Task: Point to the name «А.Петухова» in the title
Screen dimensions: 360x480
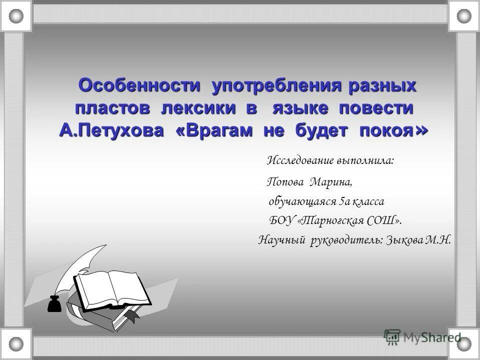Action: [x=111, y=130]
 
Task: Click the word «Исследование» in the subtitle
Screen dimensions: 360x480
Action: [x=300, y=160]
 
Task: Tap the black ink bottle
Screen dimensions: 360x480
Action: [x=54, y=303]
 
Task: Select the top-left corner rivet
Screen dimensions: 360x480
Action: [x=16, y=16]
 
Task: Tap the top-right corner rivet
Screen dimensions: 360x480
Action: [x=463, y=16]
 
